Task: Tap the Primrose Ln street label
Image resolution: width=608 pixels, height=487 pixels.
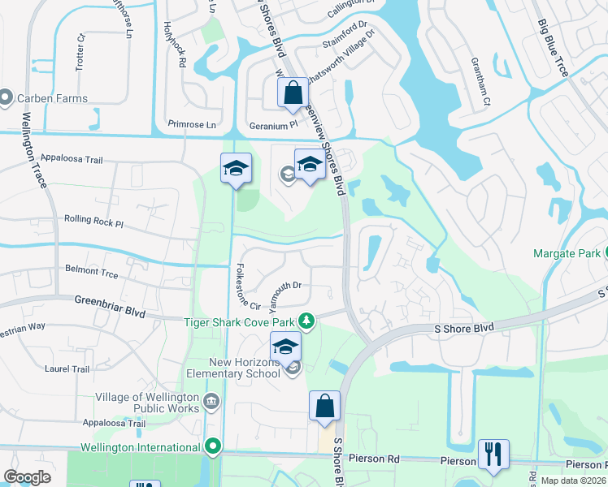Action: pos(191,125)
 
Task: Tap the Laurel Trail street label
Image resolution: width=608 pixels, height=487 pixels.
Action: pos(67,368)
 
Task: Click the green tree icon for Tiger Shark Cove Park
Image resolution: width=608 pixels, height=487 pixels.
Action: pos(306,322)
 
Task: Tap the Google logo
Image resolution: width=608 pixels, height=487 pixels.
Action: pos(28,477)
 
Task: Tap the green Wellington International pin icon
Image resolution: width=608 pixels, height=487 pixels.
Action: pos(213,446)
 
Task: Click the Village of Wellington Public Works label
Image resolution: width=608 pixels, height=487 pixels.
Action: pos(147,403)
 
